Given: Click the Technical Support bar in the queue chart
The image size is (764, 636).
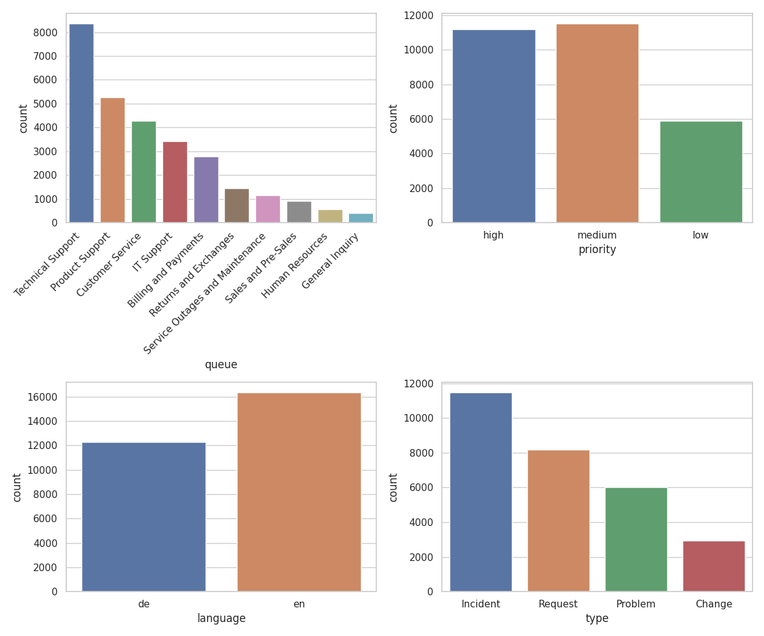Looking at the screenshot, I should (81, 123).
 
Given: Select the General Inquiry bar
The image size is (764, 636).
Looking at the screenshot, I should (361, 218).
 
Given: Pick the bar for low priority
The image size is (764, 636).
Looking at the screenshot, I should (701, 172).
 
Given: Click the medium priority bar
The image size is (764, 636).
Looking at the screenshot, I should (597, 123).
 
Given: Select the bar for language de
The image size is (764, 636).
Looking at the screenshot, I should (144, 516).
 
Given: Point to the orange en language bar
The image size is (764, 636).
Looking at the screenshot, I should (299, 492).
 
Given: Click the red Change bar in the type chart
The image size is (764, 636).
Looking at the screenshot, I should (714, 566).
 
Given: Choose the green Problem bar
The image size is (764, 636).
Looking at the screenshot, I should (636, 539).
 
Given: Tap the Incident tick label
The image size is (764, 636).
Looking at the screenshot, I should (481, 604).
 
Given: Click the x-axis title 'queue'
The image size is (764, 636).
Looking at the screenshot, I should (221, 365).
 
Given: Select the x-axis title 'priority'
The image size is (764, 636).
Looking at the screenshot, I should (597, 250).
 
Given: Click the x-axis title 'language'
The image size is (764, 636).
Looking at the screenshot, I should (221, 618).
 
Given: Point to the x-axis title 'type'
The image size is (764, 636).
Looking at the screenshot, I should (597, 618).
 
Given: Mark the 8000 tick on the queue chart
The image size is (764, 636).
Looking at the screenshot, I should (45, 32).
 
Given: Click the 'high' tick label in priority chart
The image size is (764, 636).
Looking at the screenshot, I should (493, 235).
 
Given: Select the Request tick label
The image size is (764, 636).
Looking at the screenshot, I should (558, 604).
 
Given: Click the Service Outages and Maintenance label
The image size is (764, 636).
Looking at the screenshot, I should (205, 293).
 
